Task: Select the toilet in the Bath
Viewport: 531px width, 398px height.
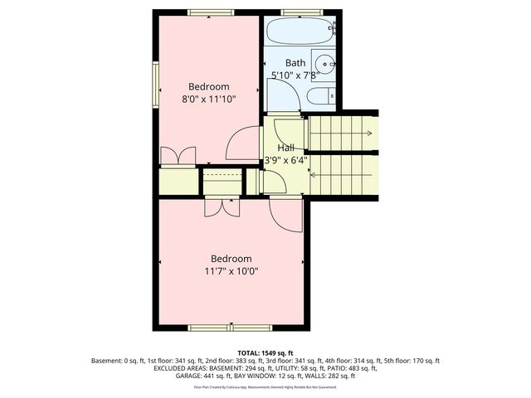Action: point(321,98)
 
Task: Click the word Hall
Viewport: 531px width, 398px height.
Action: point(285,148)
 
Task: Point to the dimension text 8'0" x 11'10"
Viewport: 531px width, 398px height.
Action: point(209,99)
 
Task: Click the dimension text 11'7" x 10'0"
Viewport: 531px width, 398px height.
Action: point(231,271)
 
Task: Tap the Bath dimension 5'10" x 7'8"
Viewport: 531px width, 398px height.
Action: point(295,75)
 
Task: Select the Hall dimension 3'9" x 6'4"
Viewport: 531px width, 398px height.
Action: point(285,160)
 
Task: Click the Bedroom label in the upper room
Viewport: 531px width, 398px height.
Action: point(209,86)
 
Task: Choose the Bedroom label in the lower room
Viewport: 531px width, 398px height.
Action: point(231,259)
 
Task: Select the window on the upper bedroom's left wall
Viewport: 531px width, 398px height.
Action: point(155,86)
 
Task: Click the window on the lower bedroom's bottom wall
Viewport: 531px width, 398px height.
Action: point(218,328)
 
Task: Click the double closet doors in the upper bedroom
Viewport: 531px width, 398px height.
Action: point(178,156)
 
